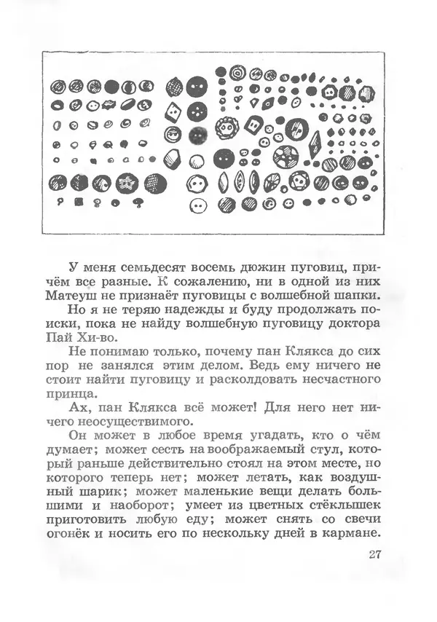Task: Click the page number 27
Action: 374,555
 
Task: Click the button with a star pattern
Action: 127,181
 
